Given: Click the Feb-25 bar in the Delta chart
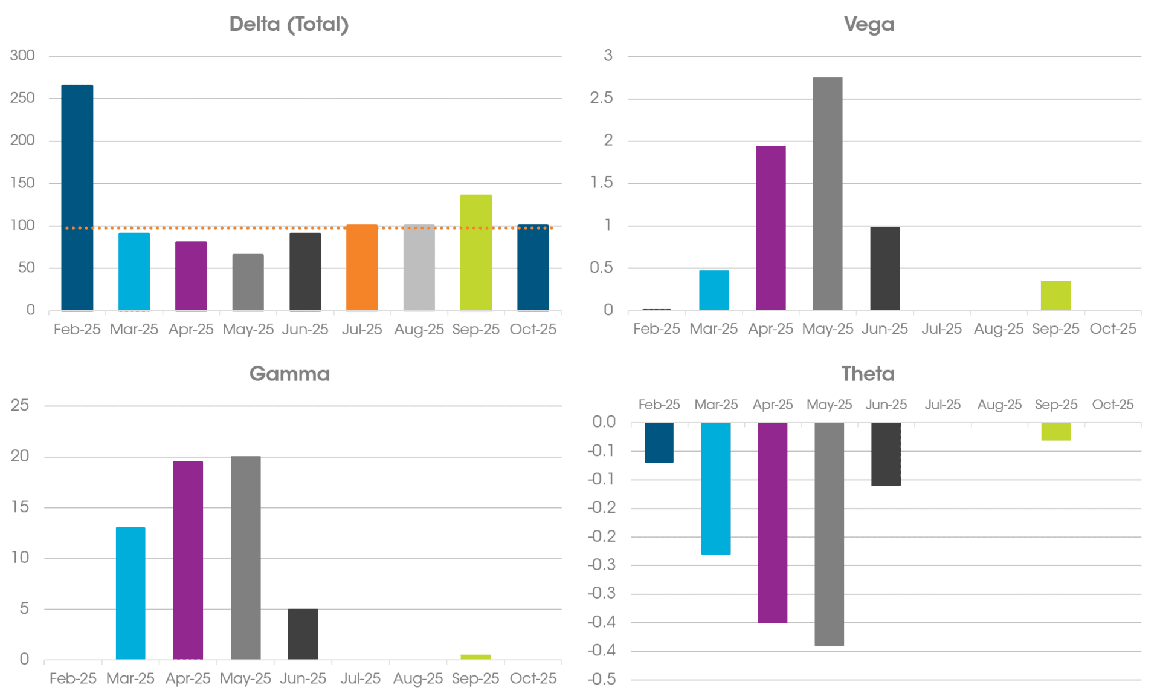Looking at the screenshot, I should pyautogui.click(x=77, y=197).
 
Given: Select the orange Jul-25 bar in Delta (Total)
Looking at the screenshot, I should pyautogui.click(x=362, y=267).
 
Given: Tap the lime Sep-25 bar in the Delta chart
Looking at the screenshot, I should pyautogui.click(x=476, y=252).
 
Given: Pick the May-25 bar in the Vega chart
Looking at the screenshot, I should pyautogui.click(x=828, y=194).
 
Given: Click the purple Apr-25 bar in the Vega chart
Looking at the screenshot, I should pyautogui.click(x=771, y=228).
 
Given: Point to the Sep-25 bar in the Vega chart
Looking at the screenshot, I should pyautogui.click(x=1055, y=295).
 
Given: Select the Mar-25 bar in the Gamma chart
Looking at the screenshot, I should pyautogui.click(x=130, y=593).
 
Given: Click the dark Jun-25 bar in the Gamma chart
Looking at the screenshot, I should pyautogui.click(x=303, y=634).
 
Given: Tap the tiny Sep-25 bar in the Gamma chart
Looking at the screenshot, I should pyautogui.click(x=475, y=657).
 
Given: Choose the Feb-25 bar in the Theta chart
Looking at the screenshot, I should pyautogui.click(x=659, y=443).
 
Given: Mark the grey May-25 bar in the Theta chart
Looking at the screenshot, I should pyautogui.click(x=829, y=534).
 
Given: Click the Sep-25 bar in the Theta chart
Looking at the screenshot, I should pyautogui.click(x=1056, y=431).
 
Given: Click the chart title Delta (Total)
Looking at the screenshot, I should pyautogui.click(x=289, y=24).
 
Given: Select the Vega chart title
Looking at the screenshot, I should pyautogui.click(x=869, y=24).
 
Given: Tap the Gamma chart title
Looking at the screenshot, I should pyautogui.click(x=289, y=374).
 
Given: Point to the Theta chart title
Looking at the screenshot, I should pyautogui.click(x=868, y=374).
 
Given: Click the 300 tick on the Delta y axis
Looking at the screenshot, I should pyautogui.click(x=22, y=56).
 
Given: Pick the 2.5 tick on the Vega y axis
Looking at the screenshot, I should pyautogui.click(x=601, y=98).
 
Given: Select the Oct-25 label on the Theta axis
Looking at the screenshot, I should pyautogui.click(x=1113, y=405).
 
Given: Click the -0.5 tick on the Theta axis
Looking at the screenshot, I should pyautogui.click(x=602, y=679).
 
